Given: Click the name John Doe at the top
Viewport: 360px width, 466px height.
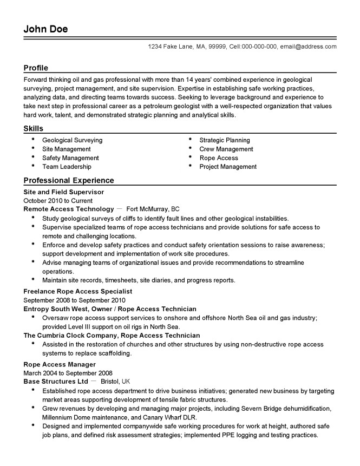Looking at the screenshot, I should click(x=46, y=29).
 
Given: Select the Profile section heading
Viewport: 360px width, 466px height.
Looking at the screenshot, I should click(x=36, y=68).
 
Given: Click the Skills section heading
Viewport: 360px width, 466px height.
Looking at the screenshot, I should click(x=34, y=128).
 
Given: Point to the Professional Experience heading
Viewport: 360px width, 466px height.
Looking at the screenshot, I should click(x=69, y=180).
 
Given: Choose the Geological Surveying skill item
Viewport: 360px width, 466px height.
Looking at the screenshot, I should click(x=72, y=140).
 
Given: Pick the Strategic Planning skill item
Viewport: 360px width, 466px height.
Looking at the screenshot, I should click(x=225, y=140).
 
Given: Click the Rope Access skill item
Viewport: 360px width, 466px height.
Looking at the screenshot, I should click(x=219, y=158).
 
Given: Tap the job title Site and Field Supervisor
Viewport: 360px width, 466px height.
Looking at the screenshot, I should click(x=64, y=192).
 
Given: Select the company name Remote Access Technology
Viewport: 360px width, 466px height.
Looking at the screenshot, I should click(x=69, y=208).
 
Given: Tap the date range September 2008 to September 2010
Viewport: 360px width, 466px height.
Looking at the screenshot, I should click(x=75, y=300).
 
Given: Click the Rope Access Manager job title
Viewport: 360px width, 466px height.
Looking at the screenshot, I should click(x=60, y=364).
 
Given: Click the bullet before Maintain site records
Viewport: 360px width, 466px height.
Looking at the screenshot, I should click(x=33, y=280).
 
